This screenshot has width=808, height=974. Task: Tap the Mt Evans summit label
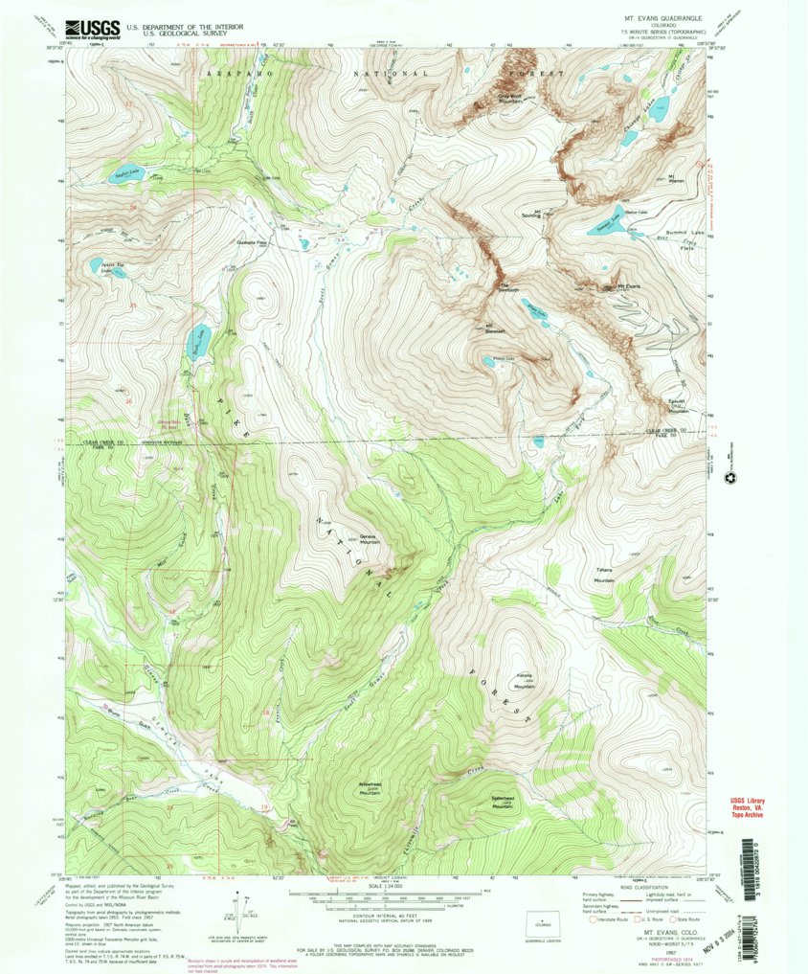[x=627, y=285]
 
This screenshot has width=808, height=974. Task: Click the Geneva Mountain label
[x=359, y=540]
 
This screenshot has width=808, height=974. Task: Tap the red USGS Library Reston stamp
[x=751, y=805]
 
